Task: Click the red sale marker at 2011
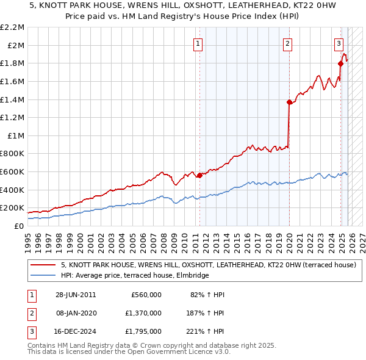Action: [199, 176]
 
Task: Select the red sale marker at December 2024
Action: [340, 63]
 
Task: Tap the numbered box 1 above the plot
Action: [199, 43]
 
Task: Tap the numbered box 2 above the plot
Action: [287, 43]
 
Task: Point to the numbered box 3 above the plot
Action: [339, 43]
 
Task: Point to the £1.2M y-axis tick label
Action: [13, 117]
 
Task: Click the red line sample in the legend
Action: [43, 265]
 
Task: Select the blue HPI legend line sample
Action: [43, 276]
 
